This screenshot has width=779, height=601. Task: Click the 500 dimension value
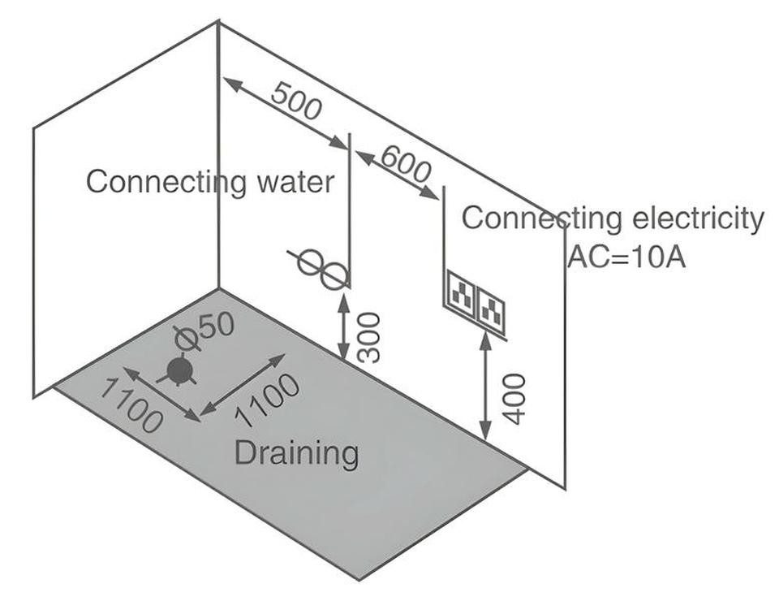(x=297, y=101)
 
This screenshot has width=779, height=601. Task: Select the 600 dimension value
(x=405, y=164)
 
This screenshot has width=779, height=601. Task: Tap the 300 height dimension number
(x=369, y=338)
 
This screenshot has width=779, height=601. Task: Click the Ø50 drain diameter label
(x=204, y=331)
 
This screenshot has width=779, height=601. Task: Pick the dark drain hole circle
(x=179, y=370)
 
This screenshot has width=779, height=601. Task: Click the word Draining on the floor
(x=296, y=453)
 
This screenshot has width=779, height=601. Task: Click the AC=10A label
(x=626, y=257)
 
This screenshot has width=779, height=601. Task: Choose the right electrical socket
(x=490, y=309)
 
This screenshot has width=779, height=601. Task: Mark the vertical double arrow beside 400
(x=485, y=387)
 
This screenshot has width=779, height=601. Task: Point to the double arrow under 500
(x=286, y=114)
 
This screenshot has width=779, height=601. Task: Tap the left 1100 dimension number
(x=131, y=404)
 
